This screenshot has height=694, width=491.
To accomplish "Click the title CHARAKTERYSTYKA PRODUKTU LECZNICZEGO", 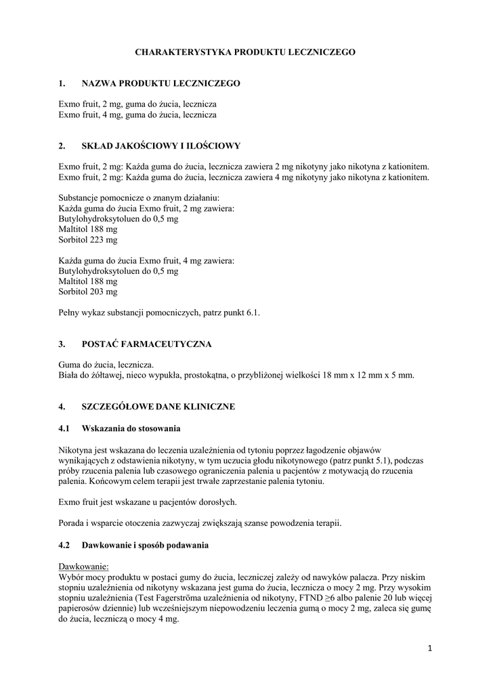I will (245, 52).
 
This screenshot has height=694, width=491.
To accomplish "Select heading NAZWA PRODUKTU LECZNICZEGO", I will (161, 83).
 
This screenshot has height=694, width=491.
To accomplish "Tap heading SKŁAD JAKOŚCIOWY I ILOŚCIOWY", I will (161, 146).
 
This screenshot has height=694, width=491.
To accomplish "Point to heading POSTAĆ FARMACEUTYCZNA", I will (146, 344).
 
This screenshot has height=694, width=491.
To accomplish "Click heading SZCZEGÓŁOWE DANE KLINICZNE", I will (158, 407).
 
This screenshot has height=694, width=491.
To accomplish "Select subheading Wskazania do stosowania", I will (131, 428).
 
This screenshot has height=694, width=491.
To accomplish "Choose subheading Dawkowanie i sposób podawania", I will (145, 545).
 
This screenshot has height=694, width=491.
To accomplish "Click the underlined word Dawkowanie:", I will (83, 566).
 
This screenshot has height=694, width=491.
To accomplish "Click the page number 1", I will (429, 649).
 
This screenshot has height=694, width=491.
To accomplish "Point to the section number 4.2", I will (65, 545).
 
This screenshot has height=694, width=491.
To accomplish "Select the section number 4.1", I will (65, 428).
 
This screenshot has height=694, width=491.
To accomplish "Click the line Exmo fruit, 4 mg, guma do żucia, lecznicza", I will (137, 115).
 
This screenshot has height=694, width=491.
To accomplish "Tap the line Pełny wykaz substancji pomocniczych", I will (159, 312).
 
